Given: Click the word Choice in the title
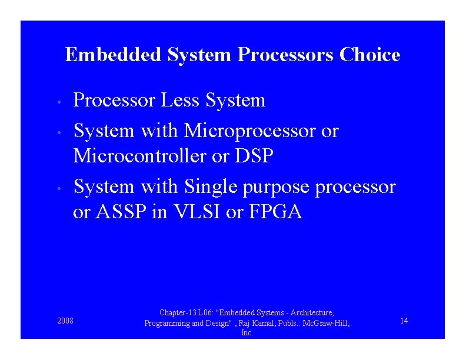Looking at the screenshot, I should click(x=370, y=55).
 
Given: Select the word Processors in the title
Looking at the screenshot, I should click(x=286, y=55).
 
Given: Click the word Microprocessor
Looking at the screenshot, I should click(x=250, y=130).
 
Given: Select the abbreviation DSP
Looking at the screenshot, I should click(x=254, y=156).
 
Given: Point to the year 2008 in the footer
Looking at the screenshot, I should click(x=65, y=321).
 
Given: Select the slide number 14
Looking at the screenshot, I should click(x=404, y=321).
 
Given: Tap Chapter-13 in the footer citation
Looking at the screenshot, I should click(x=178, y=313).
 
